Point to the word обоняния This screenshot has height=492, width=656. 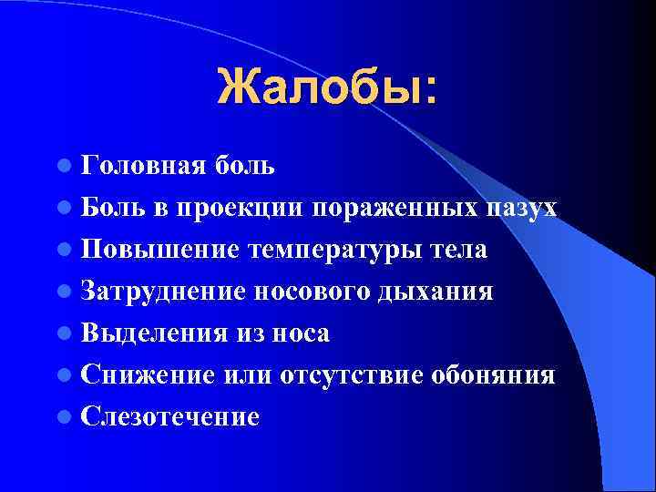(493, 375)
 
